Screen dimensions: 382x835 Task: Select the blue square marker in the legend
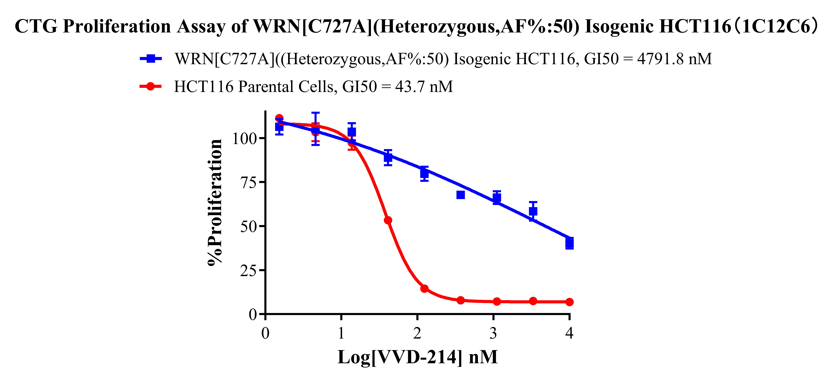click(151, 59)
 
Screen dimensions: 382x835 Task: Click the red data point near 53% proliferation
click(388, 220)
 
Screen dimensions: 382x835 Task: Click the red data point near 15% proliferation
click(424, 288)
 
